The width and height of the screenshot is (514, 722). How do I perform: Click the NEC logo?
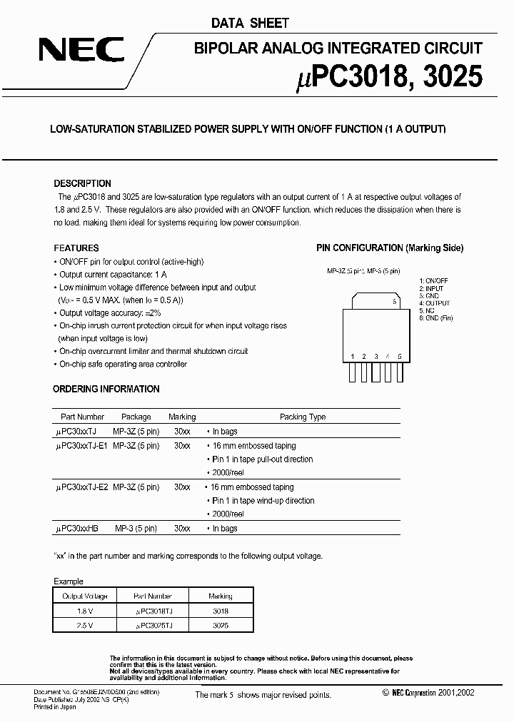point(81,51)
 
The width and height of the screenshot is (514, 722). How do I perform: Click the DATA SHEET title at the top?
point(249,23)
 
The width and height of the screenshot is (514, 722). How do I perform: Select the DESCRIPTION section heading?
point(82,183)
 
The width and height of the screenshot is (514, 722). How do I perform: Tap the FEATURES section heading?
point(76,248)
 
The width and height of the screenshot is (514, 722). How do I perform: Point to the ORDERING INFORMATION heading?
point(106,389)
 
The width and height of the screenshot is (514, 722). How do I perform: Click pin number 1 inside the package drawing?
point(353,355)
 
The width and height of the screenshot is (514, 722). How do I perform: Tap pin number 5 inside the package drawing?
point(399,355)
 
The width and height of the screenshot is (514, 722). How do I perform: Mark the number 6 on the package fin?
point(394,302)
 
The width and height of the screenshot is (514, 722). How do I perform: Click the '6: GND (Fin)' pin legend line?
point(436,317)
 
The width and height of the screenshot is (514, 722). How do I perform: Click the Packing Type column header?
point(303,417)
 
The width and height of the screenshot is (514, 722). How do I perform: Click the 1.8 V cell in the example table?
point(85,610)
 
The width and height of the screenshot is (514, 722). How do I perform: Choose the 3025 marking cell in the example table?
point(220,624)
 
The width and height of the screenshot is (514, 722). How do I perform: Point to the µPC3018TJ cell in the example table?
point(153,610)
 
